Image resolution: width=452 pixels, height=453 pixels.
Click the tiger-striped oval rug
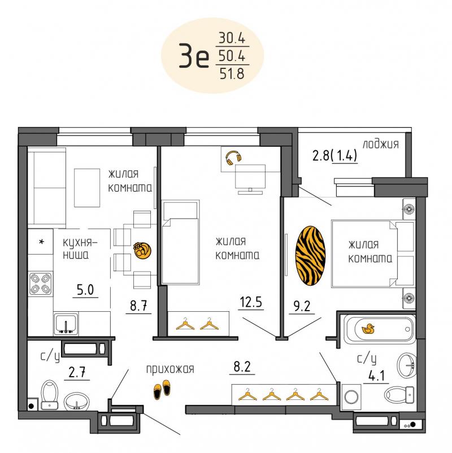(310, 256)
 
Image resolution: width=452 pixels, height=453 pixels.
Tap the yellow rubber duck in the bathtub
(368, 329)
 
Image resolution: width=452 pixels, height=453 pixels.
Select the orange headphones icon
(233, 158)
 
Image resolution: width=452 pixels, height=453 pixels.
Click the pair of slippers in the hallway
(162, 389)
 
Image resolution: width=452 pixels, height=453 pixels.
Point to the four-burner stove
(41, 284)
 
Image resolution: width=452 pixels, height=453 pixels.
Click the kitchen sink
(66, 324)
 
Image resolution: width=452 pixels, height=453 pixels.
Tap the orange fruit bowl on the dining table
(142, 250)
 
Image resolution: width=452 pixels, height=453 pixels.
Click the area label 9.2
(302, 306)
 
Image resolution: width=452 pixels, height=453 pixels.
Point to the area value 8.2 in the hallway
(242, 367)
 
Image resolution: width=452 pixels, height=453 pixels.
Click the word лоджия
(381, 144)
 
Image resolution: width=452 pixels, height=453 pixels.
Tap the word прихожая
(170, 369)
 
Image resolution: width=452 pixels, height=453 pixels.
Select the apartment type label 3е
(194, 55)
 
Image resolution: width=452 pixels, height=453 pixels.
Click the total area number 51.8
(232, 73)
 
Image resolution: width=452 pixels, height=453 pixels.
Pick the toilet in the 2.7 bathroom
(49, 395)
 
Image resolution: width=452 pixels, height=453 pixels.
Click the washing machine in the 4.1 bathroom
(351, 397)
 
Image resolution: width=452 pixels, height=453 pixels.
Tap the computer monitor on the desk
(250, 179)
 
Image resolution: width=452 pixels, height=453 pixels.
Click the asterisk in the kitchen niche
(42, 242)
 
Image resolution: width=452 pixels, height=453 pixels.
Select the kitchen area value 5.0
(85, 290)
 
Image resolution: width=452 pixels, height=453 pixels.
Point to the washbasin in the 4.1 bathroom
(407, 365)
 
